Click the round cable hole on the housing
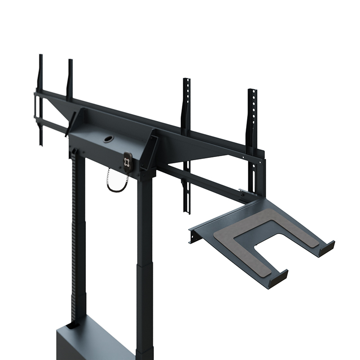pos(108,139)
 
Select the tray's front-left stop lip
pos(279,277)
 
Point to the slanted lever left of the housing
pos(69,124)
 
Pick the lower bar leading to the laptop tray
pos(202,180)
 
